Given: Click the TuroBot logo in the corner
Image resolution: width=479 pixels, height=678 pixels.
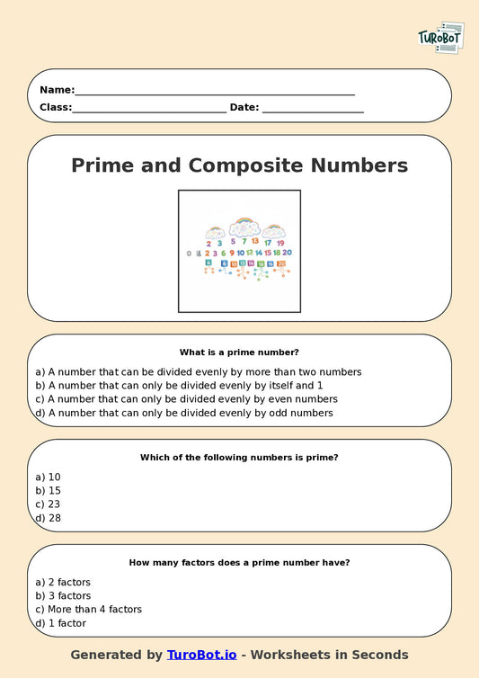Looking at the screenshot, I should (440, 39).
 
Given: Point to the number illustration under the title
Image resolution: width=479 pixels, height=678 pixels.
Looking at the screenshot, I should (239, 245).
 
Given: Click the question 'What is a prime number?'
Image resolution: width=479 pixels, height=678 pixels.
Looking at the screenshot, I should (239, 352).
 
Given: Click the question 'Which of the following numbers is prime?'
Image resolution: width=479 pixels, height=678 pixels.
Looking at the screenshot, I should (239, 458).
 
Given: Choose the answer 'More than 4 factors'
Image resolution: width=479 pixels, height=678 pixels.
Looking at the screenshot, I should (88, 609).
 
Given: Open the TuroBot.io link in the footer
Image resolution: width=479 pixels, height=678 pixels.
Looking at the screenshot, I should (201, 655).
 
